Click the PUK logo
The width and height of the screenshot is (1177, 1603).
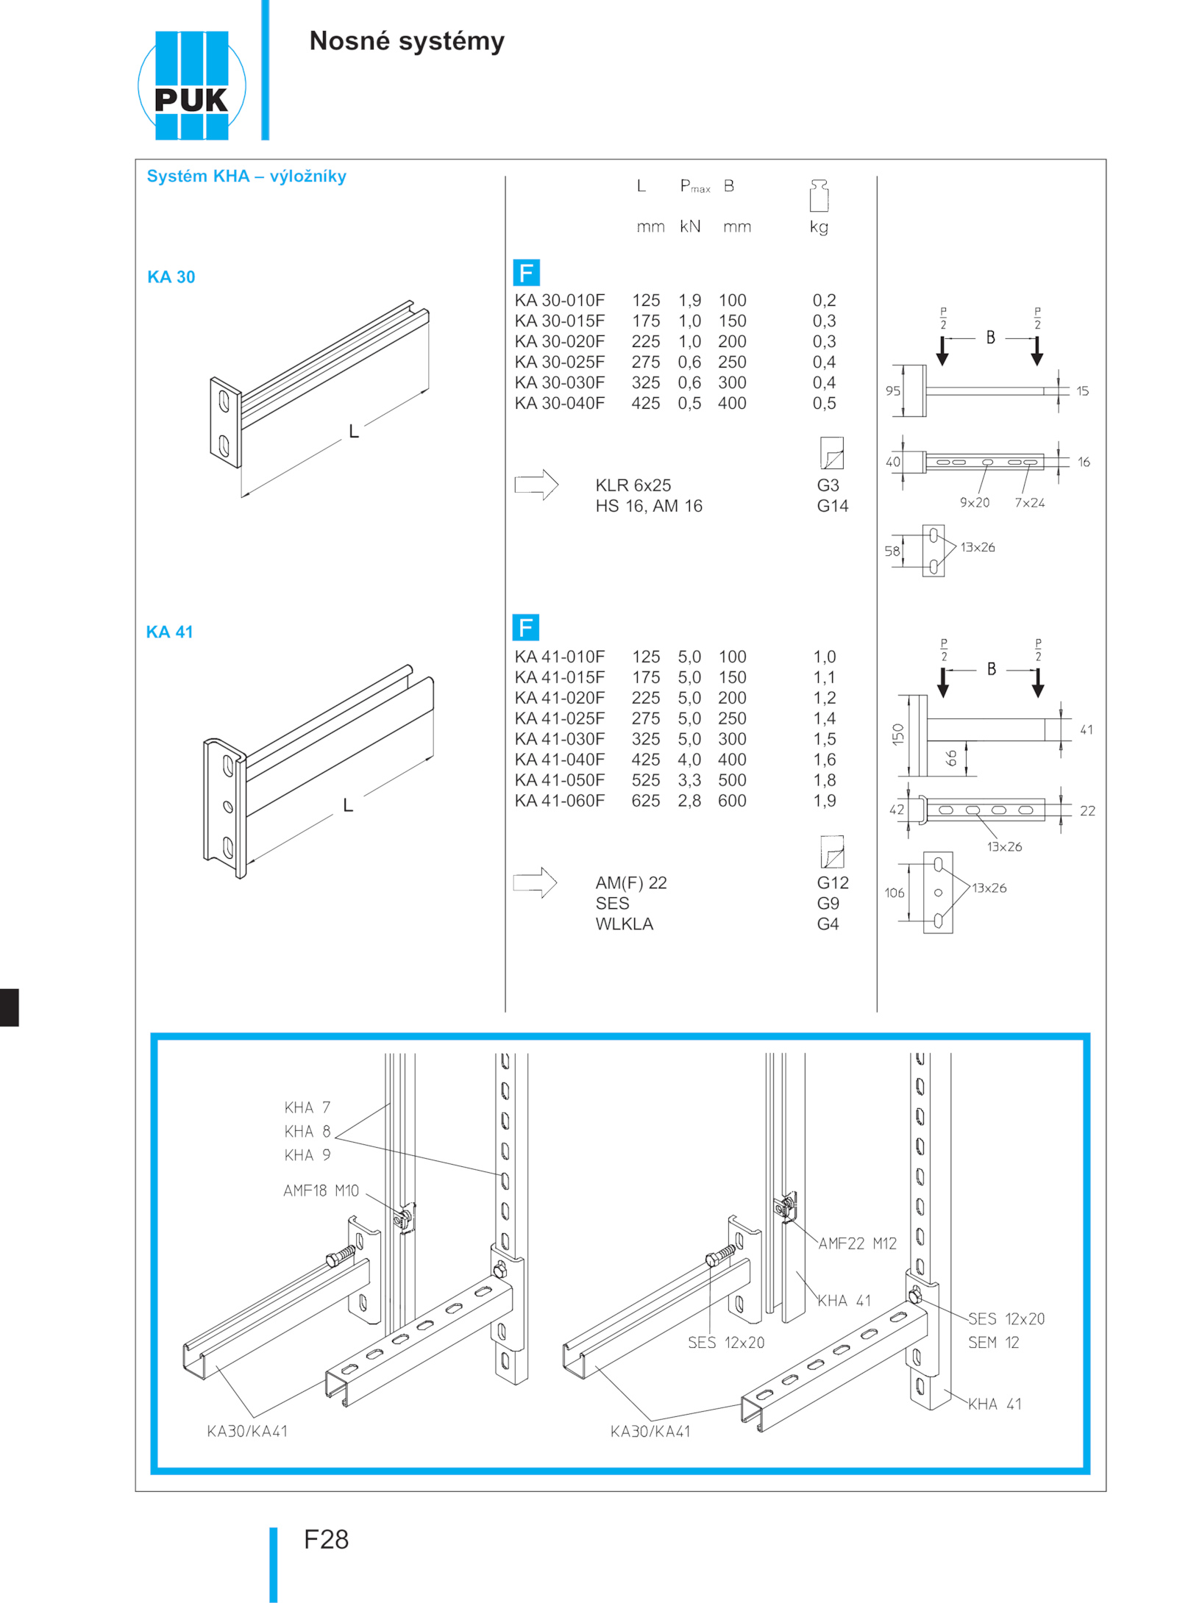[191, 85]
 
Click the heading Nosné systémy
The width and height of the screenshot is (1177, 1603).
[407, 41]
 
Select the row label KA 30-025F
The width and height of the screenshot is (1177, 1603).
[559, 362]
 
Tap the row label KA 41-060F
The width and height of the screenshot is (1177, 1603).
[559, 801]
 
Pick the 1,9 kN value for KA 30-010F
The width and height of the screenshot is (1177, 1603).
[689, 300]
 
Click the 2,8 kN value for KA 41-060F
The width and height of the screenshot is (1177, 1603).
[689, 801]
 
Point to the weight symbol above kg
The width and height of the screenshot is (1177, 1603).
[819, 196]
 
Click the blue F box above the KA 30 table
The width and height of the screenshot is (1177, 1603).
[526, 273]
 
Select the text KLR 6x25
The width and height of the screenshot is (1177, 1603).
[633, 485]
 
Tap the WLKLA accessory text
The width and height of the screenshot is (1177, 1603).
[624, 924]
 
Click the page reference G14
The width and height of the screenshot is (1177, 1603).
[832, 506]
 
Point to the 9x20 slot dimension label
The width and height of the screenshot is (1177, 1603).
[974, 503]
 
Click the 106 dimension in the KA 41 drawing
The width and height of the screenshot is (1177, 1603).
[894, 893]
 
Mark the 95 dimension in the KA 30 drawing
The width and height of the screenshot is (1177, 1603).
[892, 391]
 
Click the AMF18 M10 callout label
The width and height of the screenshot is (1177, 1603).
[321, 1190]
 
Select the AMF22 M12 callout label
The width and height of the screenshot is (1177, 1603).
[857, 1243]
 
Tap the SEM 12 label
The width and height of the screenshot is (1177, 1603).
[993, 1343]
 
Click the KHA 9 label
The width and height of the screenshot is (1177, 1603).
[307, 1155]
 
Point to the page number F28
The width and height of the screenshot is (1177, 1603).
[326, 1539]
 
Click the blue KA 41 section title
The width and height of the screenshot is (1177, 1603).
[169, 632]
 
